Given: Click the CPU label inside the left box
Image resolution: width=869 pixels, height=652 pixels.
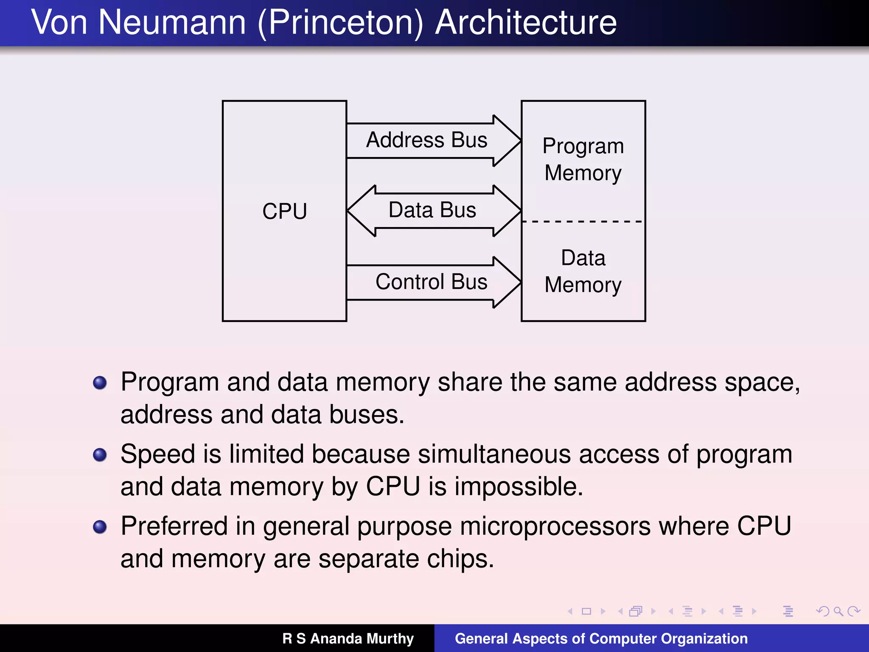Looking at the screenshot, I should pyautogui.click(x=284, y=211).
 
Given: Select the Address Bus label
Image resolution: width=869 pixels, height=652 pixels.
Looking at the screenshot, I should pyautogui.click(x=426, y=140).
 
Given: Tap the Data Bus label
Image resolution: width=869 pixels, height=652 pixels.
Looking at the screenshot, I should pyautogui.click(x=432, y=210).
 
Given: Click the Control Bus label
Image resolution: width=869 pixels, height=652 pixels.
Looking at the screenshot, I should pyautogui.click(x=431, y=282).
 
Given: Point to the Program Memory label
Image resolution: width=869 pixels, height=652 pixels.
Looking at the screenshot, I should pyautogui.click(x=583, y=159).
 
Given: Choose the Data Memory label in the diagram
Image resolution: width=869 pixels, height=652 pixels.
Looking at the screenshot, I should pyautogui.click(x=583, y=271).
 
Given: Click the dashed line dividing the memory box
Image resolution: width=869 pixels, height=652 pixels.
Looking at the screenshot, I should pyautogui.click(x=583, y=221).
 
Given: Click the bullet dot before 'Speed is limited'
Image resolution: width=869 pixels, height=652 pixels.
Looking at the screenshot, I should pyautogui.click(x=100, y=455).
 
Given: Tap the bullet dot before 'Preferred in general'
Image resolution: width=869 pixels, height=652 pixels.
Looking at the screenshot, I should pyautogui.click(x=100, y=527).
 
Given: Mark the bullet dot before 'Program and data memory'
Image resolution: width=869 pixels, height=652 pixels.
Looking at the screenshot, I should pyautogui.click(x=100, y=382).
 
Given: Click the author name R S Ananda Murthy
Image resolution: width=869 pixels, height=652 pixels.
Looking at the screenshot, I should pyautogui.click(x=348, y=638).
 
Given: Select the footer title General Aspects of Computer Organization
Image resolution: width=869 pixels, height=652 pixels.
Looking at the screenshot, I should pyautogui.click(x=601, y=638).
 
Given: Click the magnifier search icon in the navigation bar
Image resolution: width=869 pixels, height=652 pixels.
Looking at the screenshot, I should pyautogui.click(x=838, y=611).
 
